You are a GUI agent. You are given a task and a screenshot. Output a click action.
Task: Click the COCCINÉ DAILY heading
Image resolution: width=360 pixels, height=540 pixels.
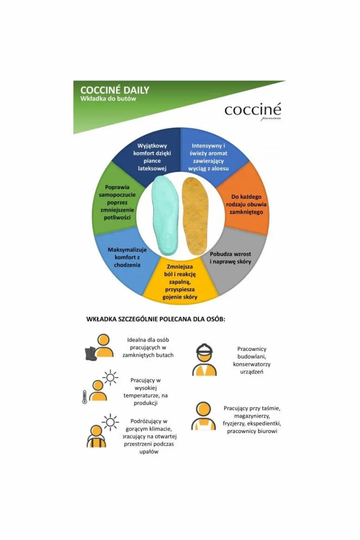[x=115, y=90]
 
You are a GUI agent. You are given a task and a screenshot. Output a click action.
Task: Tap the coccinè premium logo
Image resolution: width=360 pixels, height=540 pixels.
[x=252, y=111]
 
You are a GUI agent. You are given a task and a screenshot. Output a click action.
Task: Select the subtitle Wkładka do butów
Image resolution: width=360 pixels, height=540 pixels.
[x=108, y=99]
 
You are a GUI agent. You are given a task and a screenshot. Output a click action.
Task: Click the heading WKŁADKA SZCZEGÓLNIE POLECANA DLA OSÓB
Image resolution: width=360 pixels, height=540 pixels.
[x=156, y=319]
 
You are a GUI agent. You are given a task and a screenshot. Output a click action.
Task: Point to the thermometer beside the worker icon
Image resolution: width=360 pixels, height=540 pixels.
[x=84, y=396]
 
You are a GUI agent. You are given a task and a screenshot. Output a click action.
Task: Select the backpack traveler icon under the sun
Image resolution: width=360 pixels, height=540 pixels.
[x=97, y=435]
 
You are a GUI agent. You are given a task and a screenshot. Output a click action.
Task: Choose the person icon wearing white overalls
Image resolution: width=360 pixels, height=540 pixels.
[x=203, y=416]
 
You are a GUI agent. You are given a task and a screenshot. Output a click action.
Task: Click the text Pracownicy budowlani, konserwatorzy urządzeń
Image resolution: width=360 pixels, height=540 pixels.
[x=252, y=360]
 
